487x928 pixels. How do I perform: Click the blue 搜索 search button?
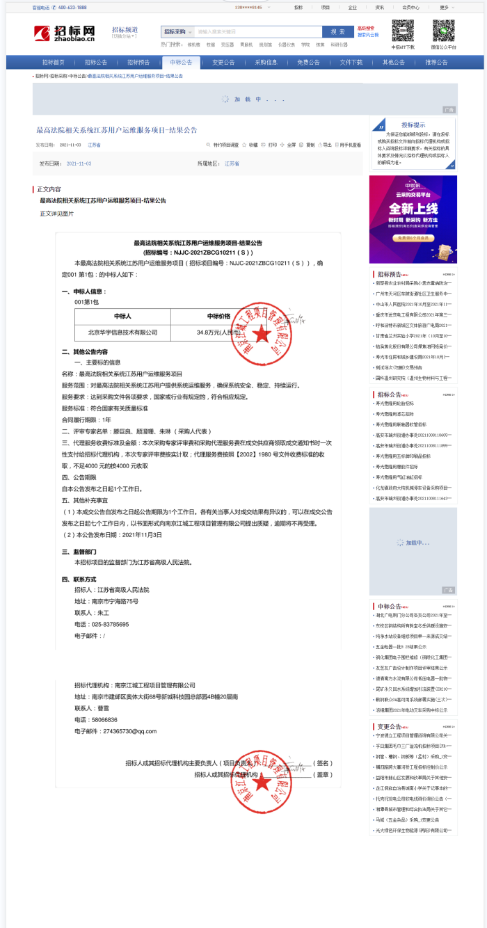click(337, 31)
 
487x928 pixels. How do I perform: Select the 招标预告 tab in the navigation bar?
click(138, 62)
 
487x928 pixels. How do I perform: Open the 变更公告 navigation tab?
click(223, 62)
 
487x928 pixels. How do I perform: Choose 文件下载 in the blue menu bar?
click(351, 62)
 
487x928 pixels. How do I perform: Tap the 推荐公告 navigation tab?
click(436, 62)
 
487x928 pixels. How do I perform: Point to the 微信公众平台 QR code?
click(444, 31)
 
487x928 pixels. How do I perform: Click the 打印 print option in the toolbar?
click(272, 145)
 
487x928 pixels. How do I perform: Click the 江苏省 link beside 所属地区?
click(232, 163)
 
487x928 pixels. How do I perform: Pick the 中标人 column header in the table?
click(122, 316)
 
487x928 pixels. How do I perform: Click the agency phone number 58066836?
click(105, 719)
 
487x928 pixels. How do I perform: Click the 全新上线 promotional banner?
click(413, 209)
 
